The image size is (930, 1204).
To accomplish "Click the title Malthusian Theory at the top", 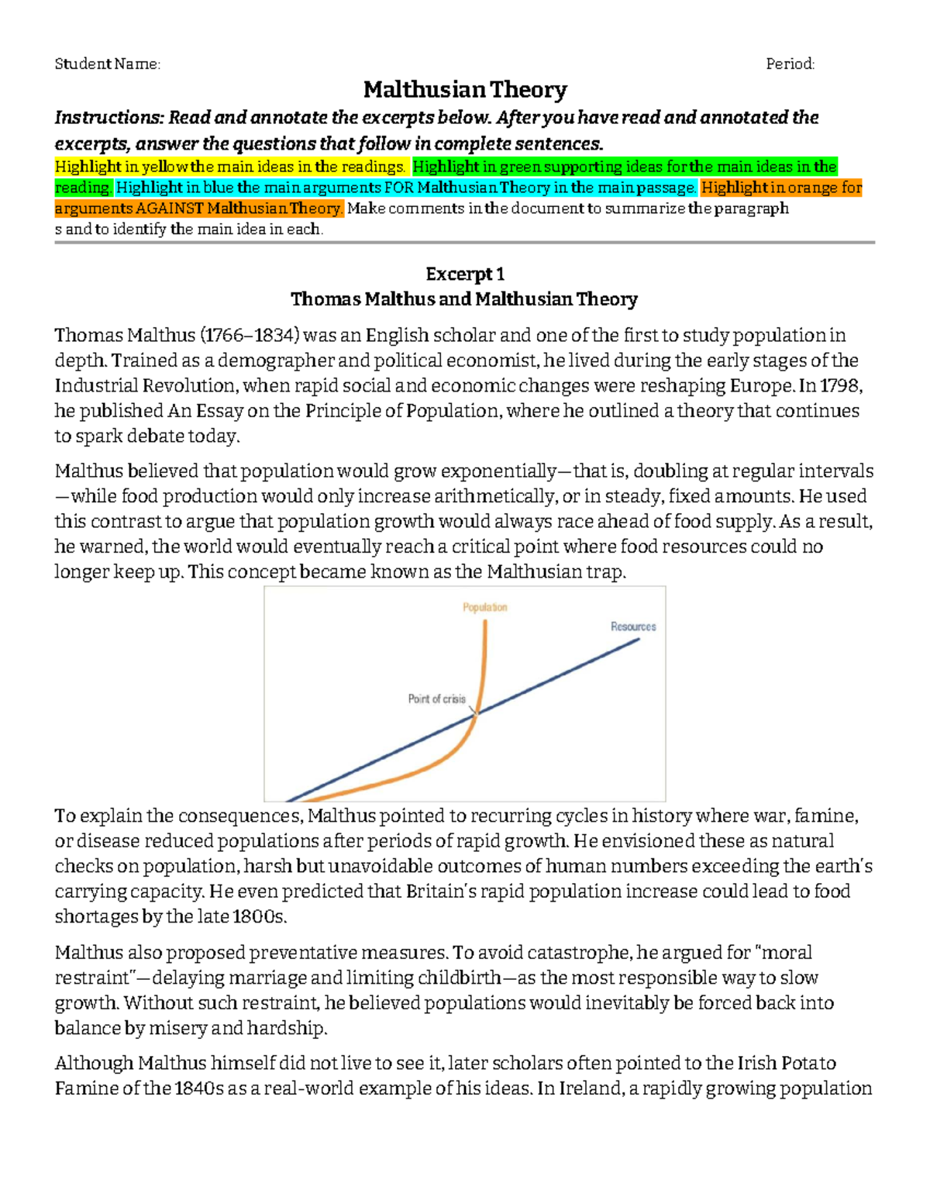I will (465, 90).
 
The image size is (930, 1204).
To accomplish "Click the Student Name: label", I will (107, 64).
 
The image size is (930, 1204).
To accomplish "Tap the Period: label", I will (790, 64).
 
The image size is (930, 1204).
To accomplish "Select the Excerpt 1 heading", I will (465, 274).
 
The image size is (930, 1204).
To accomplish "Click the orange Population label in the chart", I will (485, 607).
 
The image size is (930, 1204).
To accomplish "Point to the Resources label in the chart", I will (633, 626).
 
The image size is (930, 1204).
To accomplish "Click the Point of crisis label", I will (436, 699).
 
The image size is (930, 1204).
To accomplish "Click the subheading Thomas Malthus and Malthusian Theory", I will (463, 299).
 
